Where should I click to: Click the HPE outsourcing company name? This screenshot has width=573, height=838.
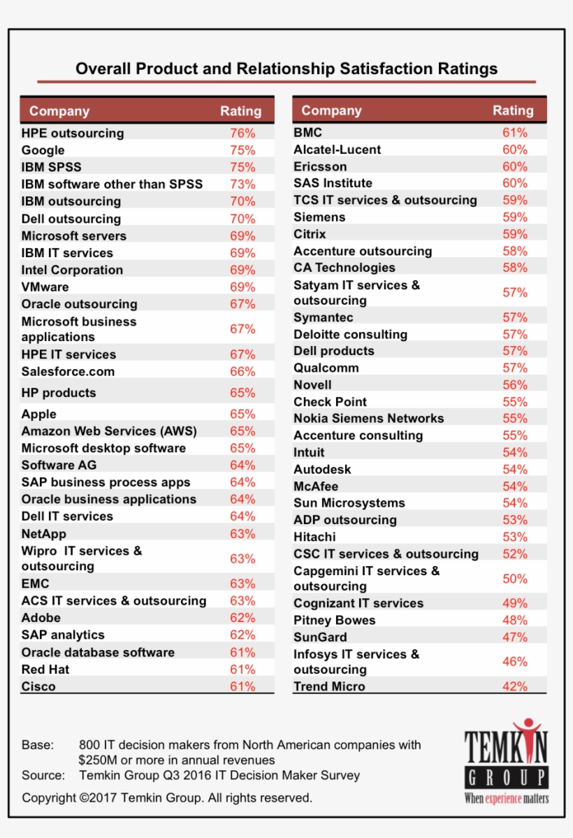point(72,133)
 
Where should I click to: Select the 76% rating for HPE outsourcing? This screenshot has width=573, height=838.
point(242,133)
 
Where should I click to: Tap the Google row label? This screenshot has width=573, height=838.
point(43,150)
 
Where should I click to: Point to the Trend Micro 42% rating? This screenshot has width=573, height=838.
point(515,686)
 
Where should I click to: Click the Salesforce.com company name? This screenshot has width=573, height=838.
point(68,372)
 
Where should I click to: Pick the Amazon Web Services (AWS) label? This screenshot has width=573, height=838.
point(109,431)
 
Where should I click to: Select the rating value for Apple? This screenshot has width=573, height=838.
point(242,414)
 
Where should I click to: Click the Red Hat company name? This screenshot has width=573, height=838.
point(45,670)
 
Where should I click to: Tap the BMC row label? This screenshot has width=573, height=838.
point(307,132)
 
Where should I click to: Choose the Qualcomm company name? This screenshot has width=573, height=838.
point(326,368)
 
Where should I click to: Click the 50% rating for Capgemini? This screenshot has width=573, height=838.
point(515,579)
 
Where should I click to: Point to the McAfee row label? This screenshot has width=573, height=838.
point(316,486)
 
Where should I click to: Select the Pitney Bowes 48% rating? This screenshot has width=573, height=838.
point(515,620)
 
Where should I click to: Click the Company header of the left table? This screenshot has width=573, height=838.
point(59,111)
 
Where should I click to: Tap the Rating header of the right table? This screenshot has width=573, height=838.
point(513,110)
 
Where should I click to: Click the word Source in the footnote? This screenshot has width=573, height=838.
point(43,775)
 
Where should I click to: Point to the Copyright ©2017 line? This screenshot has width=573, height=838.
point(167,797)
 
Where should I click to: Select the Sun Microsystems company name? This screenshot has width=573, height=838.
point(349,503)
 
